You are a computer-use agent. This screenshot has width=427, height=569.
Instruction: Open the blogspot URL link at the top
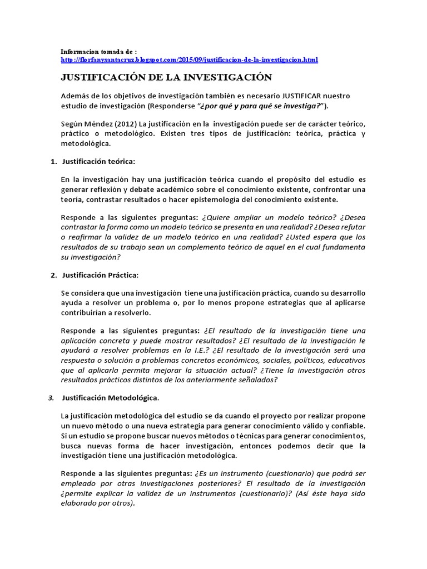coord(189,59)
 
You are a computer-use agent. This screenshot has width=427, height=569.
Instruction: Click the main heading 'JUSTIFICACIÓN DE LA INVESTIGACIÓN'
coord(166,77)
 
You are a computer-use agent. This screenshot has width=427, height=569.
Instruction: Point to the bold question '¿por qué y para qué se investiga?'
coord(260,106)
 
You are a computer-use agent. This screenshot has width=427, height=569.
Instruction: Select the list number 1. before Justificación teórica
coord(53,161)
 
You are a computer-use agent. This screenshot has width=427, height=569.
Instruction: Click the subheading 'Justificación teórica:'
coord(99,161)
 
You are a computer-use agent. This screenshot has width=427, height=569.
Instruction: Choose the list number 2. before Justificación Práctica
coord(53,275)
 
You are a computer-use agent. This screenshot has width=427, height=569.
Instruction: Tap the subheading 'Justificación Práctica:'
coord(101,275)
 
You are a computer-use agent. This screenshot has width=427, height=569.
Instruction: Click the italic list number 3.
coord(51,398)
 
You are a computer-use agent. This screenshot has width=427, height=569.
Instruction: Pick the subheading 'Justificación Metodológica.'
coord(111,398)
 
